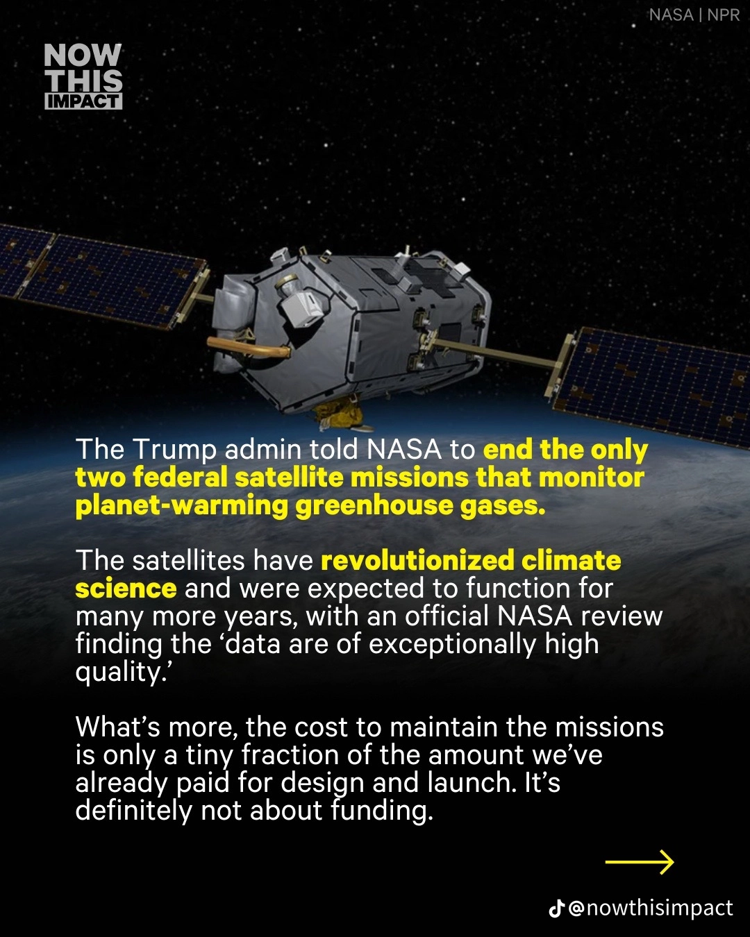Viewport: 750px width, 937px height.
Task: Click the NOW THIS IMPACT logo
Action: [83, 76]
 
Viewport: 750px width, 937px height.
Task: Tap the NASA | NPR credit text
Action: [694, 16]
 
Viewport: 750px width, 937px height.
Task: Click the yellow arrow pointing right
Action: [640, 861]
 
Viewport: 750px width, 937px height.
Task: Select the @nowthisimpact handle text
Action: [651, 909]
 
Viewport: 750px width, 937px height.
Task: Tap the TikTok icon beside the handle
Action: [556, 909]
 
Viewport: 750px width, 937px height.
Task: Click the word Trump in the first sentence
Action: [174, 450]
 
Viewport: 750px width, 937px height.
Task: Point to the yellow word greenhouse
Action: [374, 507]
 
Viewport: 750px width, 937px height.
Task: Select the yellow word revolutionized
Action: [417, 560]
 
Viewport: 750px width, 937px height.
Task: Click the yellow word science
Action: [126, 589]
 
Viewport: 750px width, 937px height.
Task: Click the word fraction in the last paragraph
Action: [290, 755]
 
